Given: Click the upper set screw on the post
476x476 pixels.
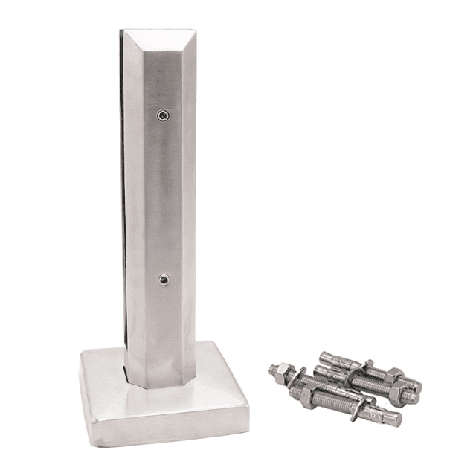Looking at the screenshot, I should pyautogui.click(x=163, y=115).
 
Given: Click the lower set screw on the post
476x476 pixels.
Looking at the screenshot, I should pyautogui.click(x=163, y=280).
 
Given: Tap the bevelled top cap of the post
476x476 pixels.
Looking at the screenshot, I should pyautogui.click(x=158, y=42).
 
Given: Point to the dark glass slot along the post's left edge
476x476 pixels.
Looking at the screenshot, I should pyautogui.click(x=121, y=186).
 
